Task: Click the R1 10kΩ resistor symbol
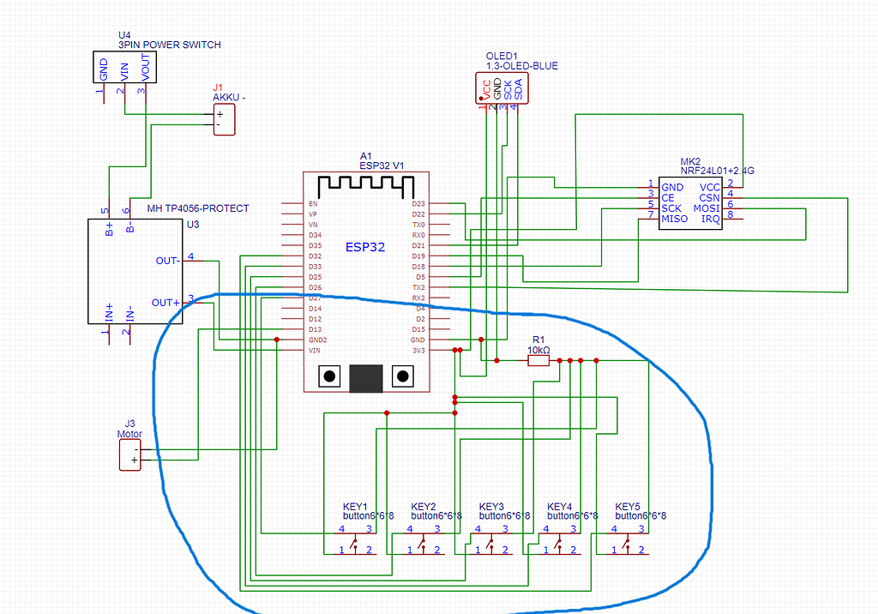[x=538, y=361]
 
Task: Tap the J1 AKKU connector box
[x=223, y=119]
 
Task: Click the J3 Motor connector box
[x=129, y=454]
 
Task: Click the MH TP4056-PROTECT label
[x=198, y=208]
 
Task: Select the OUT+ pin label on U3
[x=165, y=303]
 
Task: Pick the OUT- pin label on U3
[x=167, y=261]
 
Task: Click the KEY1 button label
[x=355, y=506]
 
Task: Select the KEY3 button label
[x=491, y=506]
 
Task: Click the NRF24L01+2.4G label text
[x=718, y=171]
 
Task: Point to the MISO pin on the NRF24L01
[x=674, y=219]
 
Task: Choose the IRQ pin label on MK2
[x=710, y=219]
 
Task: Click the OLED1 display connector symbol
[x=502, y=88]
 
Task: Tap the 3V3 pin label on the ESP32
[x=418, y=350]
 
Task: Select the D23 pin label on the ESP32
[x=418, y=204]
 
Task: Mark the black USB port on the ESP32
[x=366, y=377]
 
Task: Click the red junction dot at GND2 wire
[x=276, y=340]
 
